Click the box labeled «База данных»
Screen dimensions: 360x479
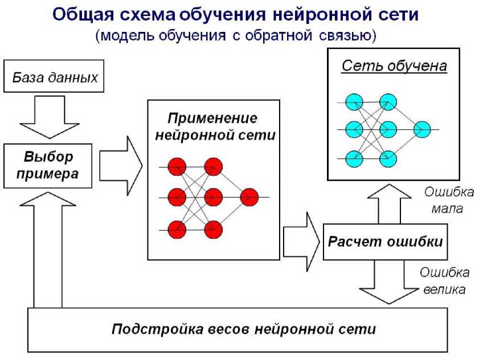pyautogui.click(x=55, y=77)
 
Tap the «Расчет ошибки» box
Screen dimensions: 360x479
pyautogui.click(x=385, y=242)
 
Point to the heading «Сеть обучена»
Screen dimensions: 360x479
pyautogui.click(x=394, y=66)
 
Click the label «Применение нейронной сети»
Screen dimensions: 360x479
pyautogui.click(x=214, y=127)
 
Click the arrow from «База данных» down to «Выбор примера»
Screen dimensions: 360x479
pyautogui.click(x=48, y=117)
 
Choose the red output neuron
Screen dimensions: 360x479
pyautogui.click(x=249, y=198)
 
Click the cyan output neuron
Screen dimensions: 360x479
pyautogui.click(x=422, y=129)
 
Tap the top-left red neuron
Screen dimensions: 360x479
pyautogui.click(x=177, y=167)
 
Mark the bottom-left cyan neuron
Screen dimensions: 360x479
pyautogui.click(x=354, y=157)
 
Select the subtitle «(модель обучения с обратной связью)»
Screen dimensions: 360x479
pyautogui.click(x=236, y=35)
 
